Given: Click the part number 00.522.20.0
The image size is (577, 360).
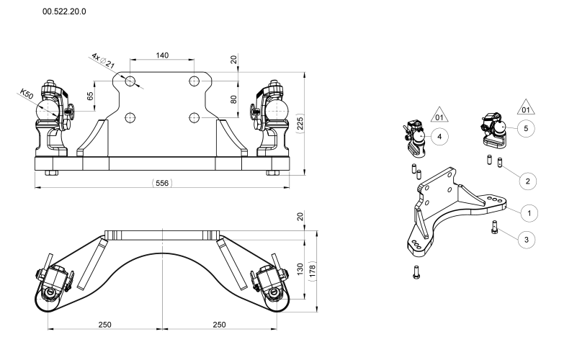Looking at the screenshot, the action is point(64,12).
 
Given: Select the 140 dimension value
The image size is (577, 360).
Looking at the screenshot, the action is point(162,55).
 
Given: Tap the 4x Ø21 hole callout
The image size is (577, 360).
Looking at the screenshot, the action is point(104,61).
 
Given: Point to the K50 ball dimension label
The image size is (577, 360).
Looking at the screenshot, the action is point(27,94).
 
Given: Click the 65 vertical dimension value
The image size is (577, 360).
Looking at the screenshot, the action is point(90,96).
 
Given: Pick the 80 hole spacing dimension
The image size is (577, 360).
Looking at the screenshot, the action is point(233,99).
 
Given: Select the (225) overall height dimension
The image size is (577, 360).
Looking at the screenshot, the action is point(300,124).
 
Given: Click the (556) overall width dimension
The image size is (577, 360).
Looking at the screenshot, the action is point(162,183).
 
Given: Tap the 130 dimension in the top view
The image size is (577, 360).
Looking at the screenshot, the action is point(300,269).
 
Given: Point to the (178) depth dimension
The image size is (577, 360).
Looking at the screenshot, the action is point(313,271).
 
